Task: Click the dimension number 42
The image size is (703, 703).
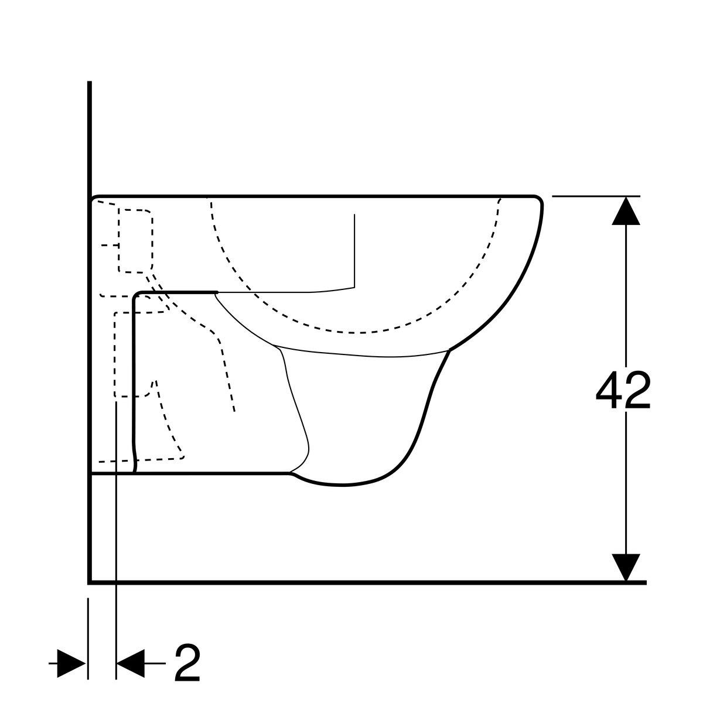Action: pos(623,390)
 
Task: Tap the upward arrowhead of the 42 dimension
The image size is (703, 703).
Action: pos(626,211)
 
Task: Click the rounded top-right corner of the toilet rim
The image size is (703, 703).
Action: pos(538,200)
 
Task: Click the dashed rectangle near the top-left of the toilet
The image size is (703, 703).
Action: pos(135,241)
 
